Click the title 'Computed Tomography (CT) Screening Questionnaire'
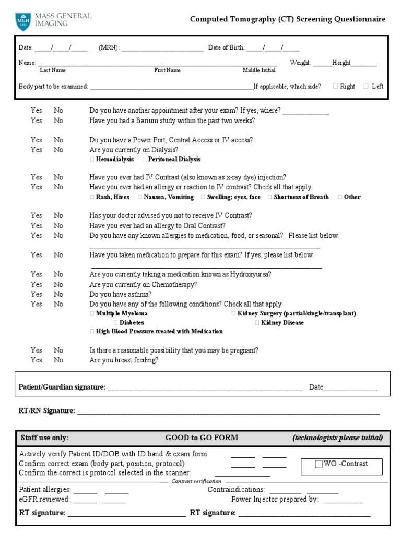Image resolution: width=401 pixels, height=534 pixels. [x=288, y=19]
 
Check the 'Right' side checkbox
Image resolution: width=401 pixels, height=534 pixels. [x=335, y=86]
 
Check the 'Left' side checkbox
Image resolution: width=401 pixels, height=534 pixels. [x=366, y=86]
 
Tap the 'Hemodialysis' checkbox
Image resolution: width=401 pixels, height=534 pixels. [x=92, y=159]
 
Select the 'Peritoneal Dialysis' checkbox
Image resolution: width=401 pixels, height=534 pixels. [x=144, y=159]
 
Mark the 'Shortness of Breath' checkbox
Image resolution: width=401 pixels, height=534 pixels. [x=270, y=197]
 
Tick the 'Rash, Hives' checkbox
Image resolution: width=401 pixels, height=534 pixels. [x=92, y=197]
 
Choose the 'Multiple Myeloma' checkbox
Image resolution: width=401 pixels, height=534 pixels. [x=92, y=313]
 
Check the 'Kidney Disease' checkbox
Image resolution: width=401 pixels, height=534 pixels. [x=257, y=323]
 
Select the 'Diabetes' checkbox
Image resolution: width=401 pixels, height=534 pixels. [x=116, y=323]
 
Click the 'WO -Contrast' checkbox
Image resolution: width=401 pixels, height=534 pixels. [x=319, y=464]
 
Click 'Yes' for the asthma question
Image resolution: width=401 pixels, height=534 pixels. [x=36, y=294]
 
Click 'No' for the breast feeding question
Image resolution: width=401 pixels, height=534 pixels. [x=58, y=360]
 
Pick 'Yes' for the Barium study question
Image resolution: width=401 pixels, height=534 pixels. [x=36, y=120]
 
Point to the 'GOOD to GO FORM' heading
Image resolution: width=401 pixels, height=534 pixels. [x=202, y=438]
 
